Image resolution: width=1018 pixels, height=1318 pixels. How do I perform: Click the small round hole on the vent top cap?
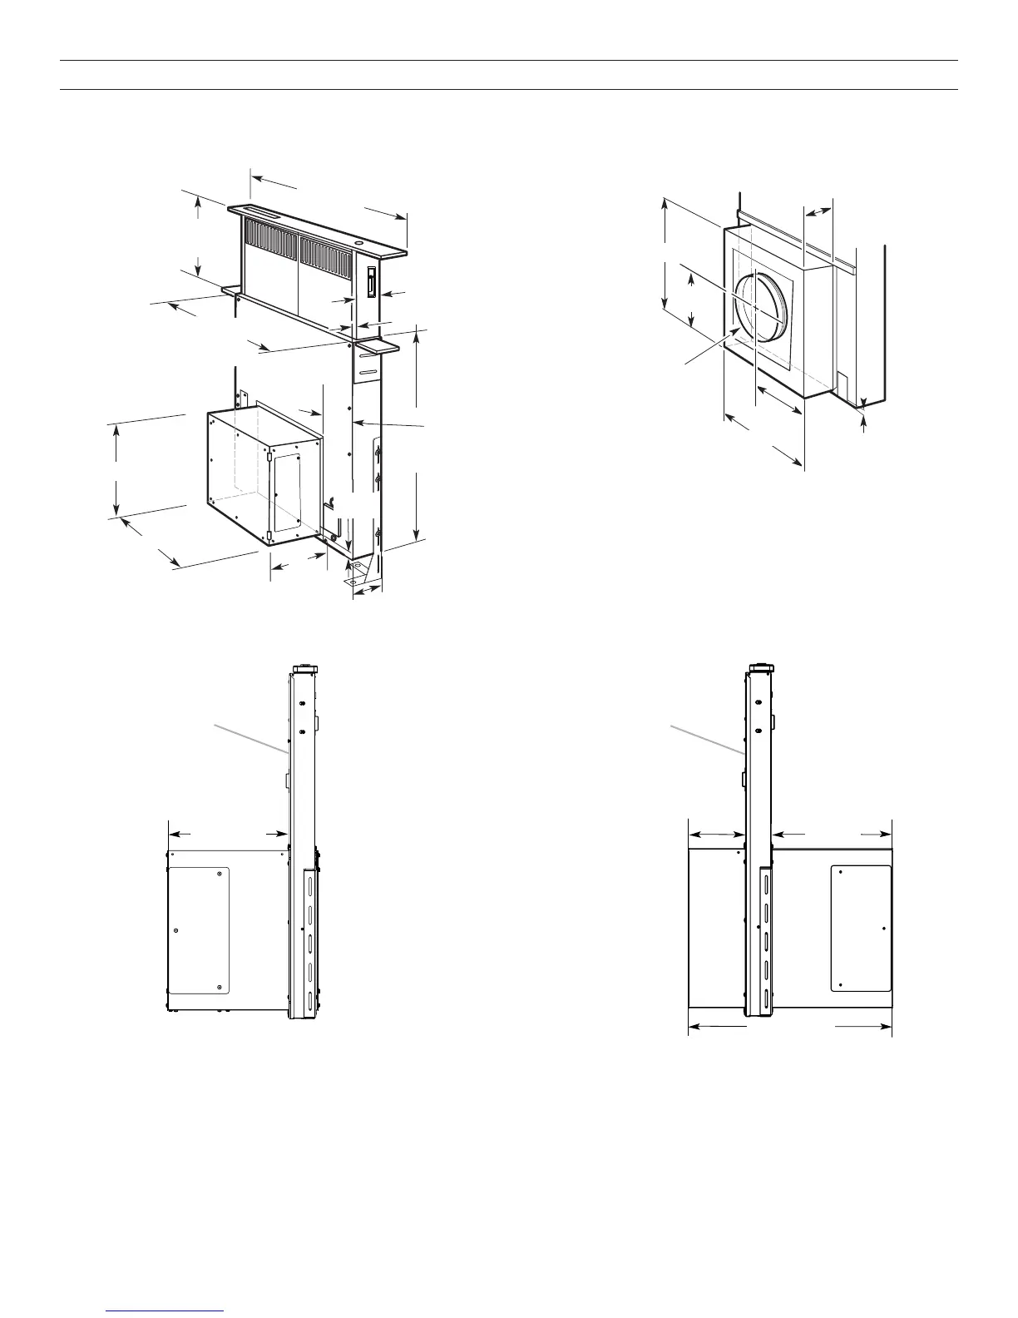[x=358, y=245]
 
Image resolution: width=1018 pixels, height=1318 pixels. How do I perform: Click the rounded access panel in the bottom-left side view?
[x=199, y=931]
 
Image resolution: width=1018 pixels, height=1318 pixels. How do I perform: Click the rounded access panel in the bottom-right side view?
[x=862, y=928]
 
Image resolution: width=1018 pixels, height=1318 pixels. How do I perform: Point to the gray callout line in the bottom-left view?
[x=250, y=739]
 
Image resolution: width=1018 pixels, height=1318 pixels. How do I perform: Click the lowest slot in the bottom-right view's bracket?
[x=764, y=998]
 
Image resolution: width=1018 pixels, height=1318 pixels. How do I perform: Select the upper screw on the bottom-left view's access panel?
[x=219, y=873]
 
